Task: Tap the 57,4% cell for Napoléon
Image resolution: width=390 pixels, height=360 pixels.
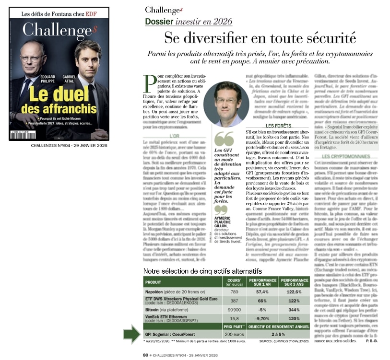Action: [261, 291]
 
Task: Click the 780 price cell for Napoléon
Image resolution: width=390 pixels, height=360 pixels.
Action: [234, 291]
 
